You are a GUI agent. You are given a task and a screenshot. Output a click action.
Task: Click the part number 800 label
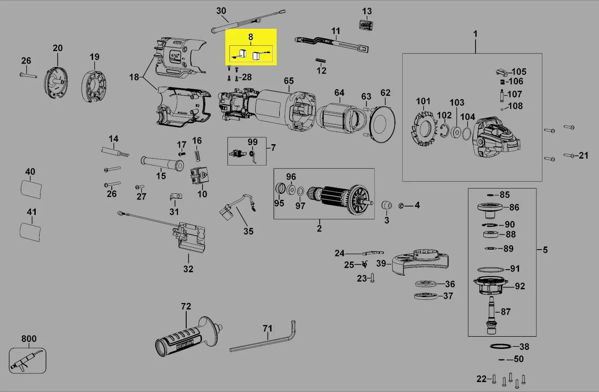(29, 339)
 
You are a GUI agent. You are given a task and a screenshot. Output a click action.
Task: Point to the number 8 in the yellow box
(251, 37)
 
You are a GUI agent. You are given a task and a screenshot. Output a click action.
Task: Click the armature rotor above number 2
(339, 200)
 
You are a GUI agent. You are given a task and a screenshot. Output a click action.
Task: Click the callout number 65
(289, 81)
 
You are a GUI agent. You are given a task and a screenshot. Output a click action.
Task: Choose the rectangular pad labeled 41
(31, 231)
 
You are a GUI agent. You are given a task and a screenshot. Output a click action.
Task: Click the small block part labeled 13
(366, 24)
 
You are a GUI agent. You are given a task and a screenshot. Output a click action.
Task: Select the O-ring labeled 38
(500, 347)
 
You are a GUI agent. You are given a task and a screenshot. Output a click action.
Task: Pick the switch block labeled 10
(199, 176)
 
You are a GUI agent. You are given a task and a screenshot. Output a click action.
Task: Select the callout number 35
(248, 231)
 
